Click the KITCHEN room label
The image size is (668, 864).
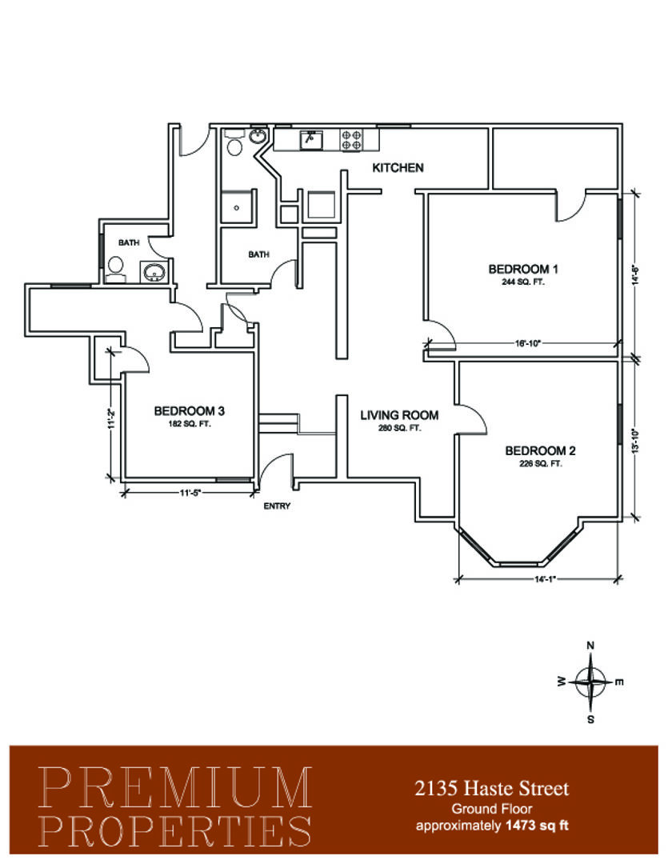point(398,167)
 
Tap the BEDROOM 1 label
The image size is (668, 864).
point(523,269)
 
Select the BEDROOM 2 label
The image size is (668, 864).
point(540,450)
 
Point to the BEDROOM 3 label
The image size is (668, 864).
point(189,411)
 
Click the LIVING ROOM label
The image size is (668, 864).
point(399,415)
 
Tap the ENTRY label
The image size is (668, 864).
point(277,506)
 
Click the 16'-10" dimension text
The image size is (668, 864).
point(527,343)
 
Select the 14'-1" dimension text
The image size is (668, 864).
point(545,579)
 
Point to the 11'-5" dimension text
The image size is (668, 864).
point(190,493)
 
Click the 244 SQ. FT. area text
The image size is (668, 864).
point(523,282)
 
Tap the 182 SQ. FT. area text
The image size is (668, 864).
point(189,424)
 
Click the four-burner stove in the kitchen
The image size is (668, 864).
point(351,140)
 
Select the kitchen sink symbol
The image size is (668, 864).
point(311,140)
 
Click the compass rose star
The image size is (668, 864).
point(590,682)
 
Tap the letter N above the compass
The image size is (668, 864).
point(590,646)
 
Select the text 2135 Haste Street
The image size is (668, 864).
point(492,789)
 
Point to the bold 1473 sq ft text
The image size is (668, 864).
point(537,826)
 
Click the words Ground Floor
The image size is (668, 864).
point(492,809)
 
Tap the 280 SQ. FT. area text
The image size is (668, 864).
point(399,428)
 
